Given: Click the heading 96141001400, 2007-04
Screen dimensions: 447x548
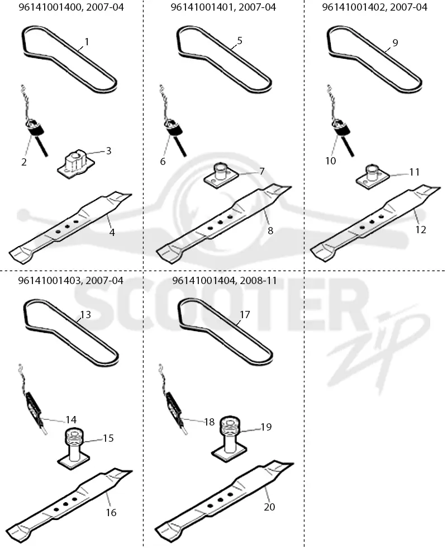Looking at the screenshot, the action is (71, 7).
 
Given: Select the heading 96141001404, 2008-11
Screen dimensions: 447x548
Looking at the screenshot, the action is (225, 280).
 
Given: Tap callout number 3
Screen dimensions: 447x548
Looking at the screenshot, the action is (108, 150).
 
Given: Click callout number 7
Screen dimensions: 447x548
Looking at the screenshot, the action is (261, 171).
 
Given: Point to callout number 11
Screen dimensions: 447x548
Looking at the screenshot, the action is (414, 172).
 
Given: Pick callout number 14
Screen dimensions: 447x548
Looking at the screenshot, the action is (71, 419).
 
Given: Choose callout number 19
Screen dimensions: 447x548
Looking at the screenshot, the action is (266, 427).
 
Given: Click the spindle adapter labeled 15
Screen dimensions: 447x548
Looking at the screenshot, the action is (73, 448).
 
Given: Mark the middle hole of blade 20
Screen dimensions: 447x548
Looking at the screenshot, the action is (220, 500).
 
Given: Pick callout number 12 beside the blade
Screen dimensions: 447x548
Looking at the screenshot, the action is (420, 230).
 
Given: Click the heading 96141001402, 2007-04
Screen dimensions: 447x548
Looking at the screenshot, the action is (374, 7).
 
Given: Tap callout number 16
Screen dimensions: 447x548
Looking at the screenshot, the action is (111, 512).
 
